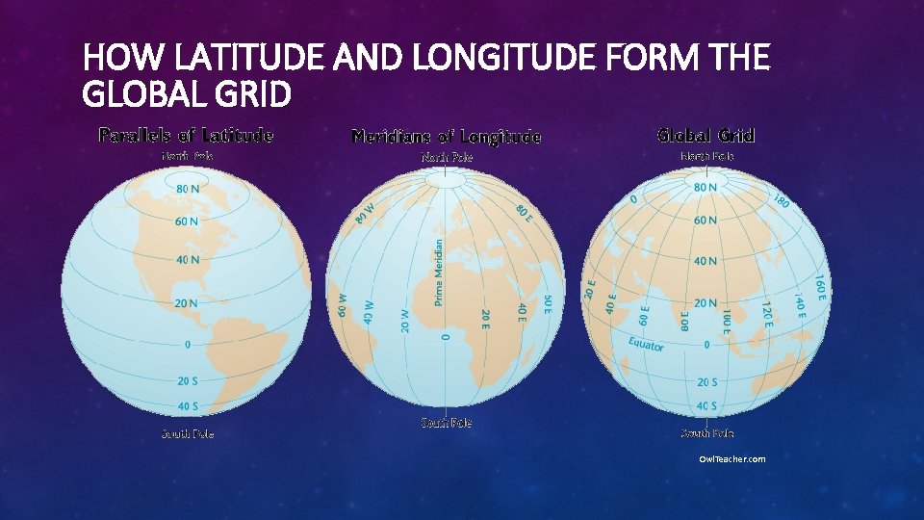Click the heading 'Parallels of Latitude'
[x=186, y=135]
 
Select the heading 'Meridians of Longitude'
[x=447, y=137]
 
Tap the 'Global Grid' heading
[x=706, y=135]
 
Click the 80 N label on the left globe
[x=188, y=189]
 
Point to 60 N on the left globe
[x=187, y=221]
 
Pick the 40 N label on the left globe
[x=188, y=259]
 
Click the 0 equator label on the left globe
[x=188, y=344]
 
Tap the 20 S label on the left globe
[x=188, y=381]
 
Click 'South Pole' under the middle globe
[x=447, y=423]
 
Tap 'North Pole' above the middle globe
[x=447, y=156]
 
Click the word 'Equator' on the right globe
[x=646, y=344]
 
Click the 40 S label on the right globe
[x=706, y=405]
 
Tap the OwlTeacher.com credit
[x=732, y=459]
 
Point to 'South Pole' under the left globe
[x=188, y=434]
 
